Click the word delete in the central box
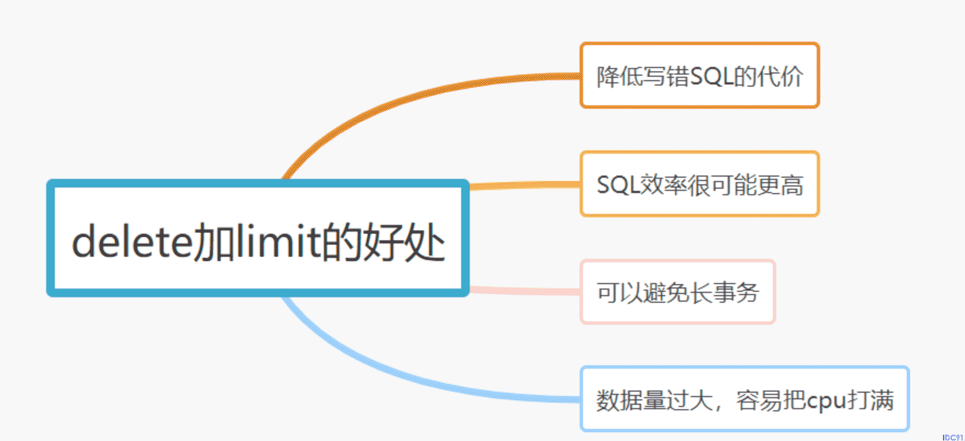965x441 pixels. pyautogui.click(x=133, y=241)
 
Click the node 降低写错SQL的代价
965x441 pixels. pyautogui.click(x=699, y=75)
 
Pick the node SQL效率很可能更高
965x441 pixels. pyautogui.click(x=699, y=184)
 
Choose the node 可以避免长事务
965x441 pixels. pyautogui.click(x=677, y=292)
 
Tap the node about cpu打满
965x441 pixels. pyautogui.click(x=744, y=399)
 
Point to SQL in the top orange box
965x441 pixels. pyautogui.click(x=711, y=76)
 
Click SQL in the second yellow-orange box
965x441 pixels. pyautogui.click(x=618, y=185)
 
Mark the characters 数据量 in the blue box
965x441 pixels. pyautogui.click(x=631, y=400)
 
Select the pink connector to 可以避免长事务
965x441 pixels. pyautogui.click(x=525, y=291)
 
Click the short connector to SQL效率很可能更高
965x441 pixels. pyautogui.click(x=525, y=185)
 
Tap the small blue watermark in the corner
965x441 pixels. pyautogui.click(x=953, y=437)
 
